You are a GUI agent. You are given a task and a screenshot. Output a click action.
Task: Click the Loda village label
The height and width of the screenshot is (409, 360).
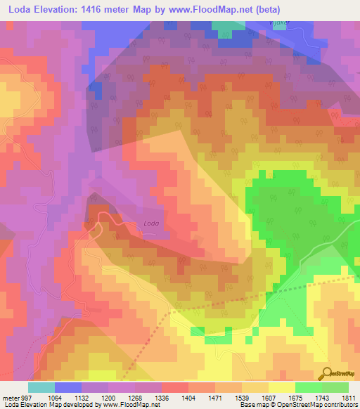point(151,224)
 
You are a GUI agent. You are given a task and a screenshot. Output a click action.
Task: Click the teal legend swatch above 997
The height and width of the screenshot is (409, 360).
point(41,387)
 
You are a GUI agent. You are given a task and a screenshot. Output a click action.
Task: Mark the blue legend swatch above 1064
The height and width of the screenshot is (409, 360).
point(68,387)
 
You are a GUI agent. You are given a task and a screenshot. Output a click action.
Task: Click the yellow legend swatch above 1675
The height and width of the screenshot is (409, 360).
point(282,387)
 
